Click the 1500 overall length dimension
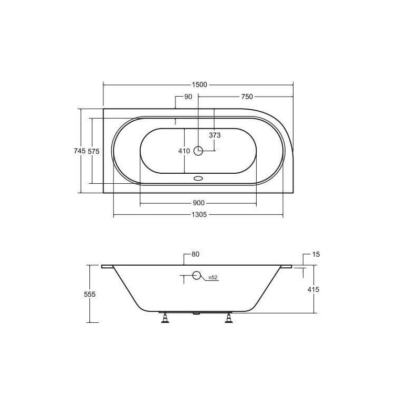point(199,85)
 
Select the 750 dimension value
point(247,97)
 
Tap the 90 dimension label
point(188,97)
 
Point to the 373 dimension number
point(215,135)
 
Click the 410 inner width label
point(184,151)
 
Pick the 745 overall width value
point(80,151)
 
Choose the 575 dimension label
point(94,151)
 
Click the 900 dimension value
point(198,203)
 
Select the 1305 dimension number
point(199,215)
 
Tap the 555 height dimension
point(90,295)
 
